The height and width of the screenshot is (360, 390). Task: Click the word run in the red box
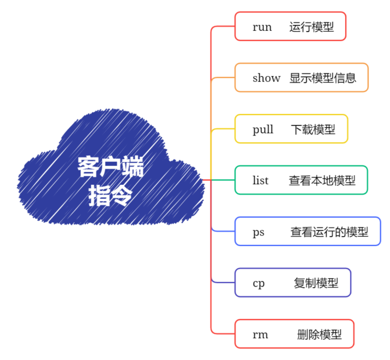(x=262, y=27)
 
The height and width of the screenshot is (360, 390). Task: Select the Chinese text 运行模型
(x=312, y=27)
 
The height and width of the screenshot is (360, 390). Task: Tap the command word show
(x=266, y=78)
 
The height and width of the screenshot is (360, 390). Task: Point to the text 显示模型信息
(x=323, y=78)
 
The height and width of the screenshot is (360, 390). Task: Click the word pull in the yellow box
(x=263, y=129)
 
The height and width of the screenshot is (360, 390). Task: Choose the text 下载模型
(x=313, y=129)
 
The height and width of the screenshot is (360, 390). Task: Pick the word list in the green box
(x=260, y=180)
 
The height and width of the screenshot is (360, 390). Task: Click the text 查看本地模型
(x=322, y=180)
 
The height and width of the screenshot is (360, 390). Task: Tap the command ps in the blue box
(x=258, y=232)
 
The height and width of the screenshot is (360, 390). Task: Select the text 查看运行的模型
(x=329, y=232)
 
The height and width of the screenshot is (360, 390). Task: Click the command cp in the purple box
(x=258, y=283)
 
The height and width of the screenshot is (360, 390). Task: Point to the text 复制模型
(x=316, y=283)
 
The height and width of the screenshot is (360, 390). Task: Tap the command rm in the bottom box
(x=260, y=334)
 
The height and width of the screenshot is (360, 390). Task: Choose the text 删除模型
(x=319, y=334)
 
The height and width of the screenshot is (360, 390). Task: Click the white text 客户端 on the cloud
(x=110, y=167)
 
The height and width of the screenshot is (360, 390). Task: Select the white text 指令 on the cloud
(x=110, y=195)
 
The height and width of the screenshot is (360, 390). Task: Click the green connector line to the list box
(x=222, y=180)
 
